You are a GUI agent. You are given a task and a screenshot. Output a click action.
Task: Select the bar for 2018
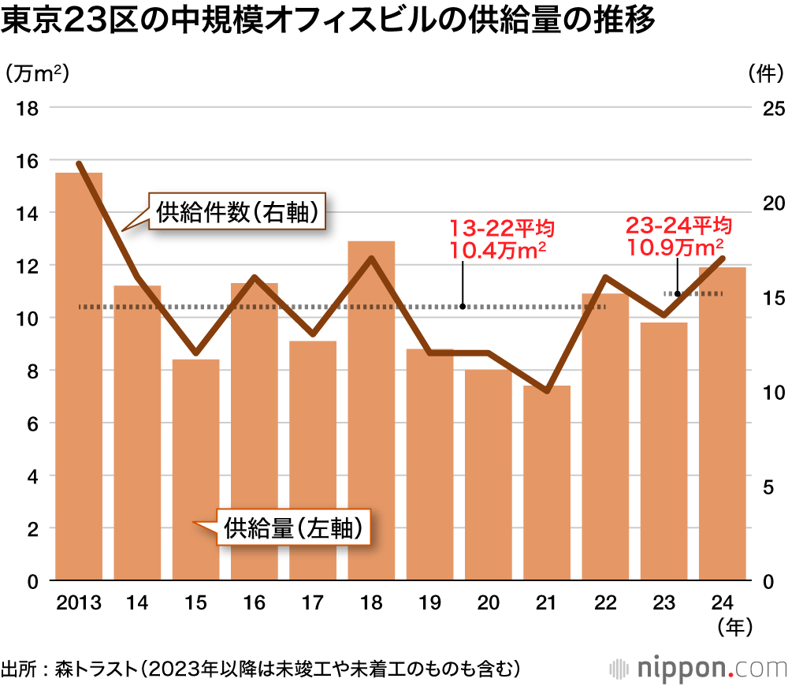click(x=371, y=411)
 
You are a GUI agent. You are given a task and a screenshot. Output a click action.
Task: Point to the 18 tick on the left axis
click(x=28, y=108)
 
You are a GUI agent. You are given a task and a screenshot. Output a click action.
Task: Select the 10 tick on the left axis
click(x=28, y=319)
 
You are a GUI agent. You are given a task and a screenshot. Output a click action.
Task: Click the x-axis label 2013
click(x=79, y=604)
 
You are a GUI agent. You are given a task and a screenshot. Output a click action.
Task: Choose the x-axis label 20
click(x=489, y=604)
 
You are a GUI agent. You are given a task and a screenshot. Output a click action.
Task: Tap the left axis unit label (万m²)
click(x=38, y=74)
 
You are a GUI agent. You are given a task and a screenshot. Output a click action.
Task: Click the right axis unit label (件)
click(x=764, y=74)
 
